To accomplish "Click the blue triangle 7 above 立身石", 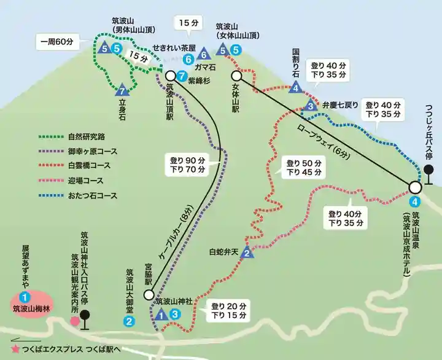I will (122, 90).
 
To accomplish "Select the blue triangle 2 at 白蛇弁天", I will (247, 252).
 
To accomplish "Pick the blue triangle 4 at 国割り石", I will (297, 88).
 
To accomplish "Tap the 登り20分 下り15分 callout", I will (228, 310).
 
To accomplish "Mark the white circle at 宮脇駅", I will (149, 294).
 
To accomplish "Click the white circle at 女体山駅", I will (236, 76).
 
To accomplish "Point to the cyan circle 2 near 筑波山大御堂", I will (130, 320).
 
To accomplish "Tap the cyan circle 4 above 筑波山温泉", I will (415, 201).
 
